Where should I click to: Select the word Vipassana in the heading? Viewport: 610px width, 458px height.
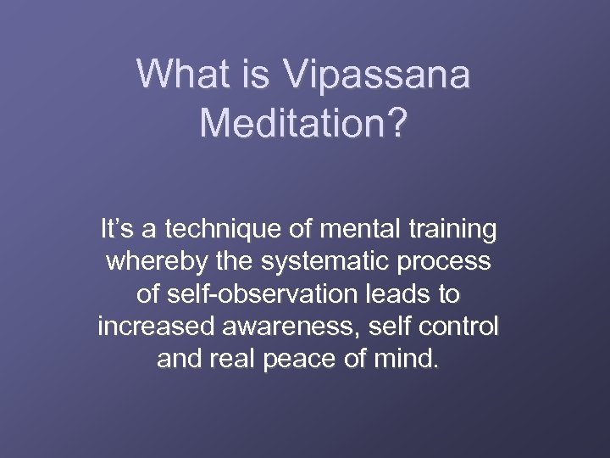click(x=377, y=75)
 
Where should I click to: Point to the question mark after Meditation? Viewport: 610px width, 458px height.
click(x=396, y=124)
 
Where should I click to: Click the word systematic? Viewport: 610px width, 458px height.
click(x=313, y=263)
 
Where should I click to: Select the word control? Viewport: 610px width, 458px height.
click(x=464, y=327)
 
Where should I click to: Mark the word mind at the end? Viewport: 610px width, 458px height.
click(x=413, y=359)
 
